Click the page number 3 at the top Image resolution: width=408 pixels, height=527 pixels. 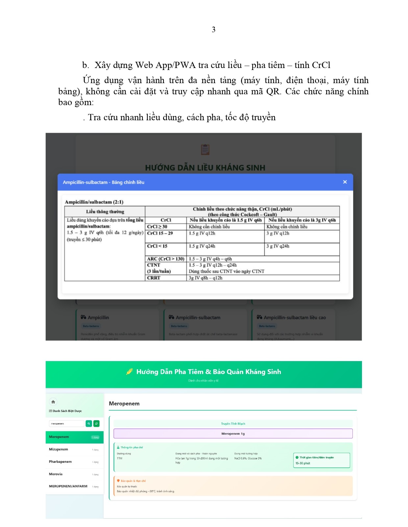click(x=213, y=30)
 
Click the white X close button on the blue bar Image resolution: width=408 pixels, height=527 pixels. click(x=345, y=182)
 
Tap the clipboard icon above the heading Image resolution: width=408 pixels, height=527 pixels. click(x=205, y=149)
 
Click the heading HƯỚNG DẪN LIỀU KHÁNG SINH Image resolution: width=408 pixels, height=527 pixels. click(x=205, y=168)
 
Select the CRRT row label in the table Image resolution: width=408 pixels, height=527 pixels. click(x=154, y=278)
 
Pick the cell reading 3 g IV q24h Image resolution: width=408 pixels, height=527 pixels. click(x=278, y=246)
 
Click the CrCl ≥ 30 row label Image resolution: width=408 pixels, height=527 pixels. click(x=157, y=227)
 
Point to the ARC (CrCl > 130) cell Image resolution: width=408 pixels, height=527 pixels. click(x=166, y=259)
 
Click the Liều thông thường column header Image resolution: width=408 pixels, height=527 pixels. click(x=105, y=212)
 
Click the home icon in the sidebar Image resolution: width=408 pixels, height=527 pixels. click(x=53, y=401)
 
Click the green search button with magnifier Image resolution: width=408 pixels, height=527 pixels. click(x=89, y=424)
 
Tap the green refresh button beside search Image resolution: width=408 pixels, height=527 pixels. click(x=96, y=424)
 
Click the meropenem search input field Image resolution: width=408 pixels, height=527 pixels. click(x=66, y=424)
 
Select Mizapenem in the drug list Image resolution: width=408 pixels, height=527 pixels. click(x=59, y=449)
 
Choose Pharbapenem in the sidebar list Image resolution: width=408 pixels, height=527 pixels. click(x=60, y=462)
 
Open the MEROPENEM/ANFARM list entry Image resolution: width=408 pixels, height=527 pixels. click(x=68, y=486)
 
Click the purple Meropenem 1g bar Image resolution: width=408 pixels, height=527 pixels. click(x=233, y=434)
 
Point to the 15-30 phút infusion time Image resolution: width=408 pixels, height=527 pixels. click(x=303, y=463)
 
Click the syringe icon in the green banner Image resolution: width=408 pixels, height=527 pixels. click(x=130, y=372)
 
